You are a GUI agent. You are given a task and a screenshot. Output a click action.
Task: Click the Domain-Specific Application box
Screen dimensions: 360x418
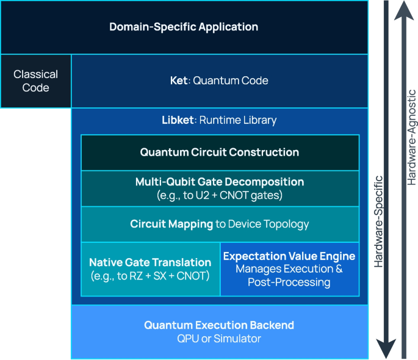click(x=184, y=27)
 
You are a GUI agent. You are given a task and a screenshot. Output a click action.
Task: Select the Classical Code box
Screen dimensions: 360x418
click(x=36, y=81)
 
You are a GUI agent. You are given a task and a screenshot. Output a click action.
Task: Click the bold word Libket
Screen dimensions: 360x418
click(x=178, y=120)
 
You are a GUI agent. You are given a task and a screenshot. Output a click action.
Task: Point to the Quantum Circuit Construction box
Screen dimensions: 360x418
click(x=220, y=153)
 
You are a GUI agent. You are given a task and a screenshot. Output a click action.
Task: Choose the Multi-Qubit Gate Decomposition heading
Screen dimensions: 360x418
click(x=220, y=182)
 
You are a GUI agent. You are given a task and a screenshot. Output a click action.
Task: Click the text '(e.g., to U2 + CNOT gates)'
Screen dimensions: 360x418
click(x=220, y=195)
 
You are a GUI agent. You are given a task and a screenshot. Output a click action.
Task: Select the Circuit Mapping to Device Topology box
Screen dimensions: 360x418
click(x=220, y=224)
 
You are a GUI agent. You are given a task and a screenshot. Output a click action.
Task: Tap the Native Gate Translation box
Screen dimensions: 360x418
click(x=150, y=268)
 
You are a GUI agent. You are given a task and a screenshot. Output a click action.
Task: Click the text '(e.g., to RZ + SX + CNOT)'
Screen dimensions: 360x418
click(x=150, y=276)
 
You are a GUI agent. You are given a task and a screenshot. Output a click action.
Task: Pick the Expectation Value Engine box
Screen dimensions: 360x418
click(x=289, y=268)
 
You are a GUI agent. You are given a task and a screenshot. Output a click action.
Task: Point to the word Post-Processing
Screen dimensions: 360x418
click(x=289, y=283)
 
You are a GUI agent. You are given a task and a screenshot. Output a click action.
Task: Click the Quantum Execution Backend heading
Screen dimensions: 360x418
click(x=219, y=325)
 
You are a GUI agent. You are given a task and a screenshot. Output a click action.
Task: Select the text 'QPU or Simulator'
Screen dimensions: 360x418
click(x=219, y=339)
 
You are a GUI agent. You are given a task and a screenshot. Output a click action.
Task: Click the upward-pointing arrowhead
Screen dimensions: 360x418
click(x=403, y=10)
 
